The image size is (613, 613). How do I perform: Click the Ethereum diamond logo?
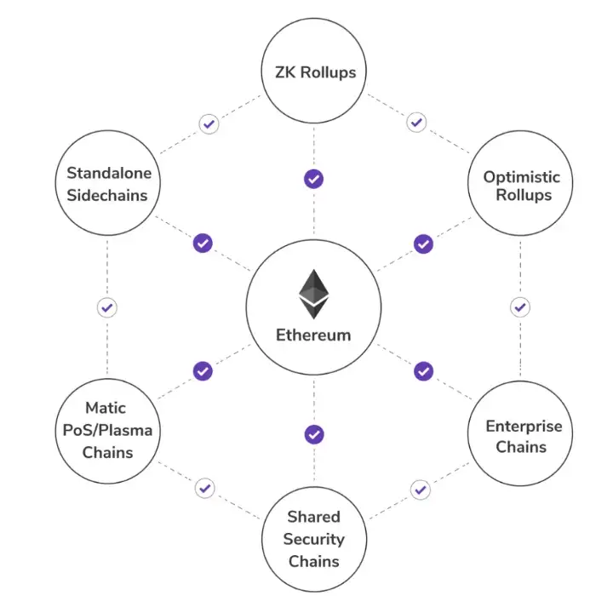tap(313, 294)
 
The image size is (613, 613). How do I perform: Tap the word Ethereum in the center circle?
tap(313, 335)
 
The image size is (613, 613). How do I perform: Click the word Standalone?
tap(109, 173)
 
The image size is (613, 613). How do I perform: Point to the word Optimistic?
tap(522, 177)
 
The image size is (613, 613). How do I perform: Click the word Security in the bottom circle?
tap(313, 539)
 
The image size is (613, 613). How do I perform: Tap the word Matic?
tap(106, 408)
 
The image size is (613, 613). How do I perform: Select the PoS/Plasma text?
tap(107, 430)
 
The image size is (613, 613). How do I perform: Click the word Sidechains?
tap(107, 195)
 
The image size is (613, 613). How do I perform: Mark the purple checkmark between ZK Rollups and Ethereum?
tap(314, 179)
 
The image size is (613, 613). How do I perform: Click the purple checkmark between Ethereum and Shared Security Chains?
tap(314, 434)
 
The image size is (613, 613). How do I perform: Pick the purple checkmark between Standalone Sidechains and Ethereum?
tap(203, 243)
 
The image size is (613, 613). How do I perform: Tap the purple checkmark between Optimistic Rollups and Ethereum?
tap(423, 243)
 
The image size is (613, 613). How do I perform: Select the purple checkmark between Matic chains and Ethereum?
tap(203, 370)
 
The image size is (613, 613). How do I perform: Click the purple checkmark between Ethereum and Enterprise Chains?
tap(423, 371)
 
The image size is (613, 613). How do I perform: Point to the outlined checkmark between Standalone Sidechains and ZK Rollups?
tap(209, 123)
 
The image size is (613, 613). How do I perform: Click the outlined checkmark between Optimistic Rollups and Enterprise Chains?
tap(520, 306)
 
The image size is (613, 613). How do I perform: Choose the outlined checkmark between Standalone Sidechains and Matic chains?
tap(107, 307)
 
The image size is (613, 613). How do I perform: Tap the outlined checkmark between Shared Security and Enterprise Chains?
tap(419, 490)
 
